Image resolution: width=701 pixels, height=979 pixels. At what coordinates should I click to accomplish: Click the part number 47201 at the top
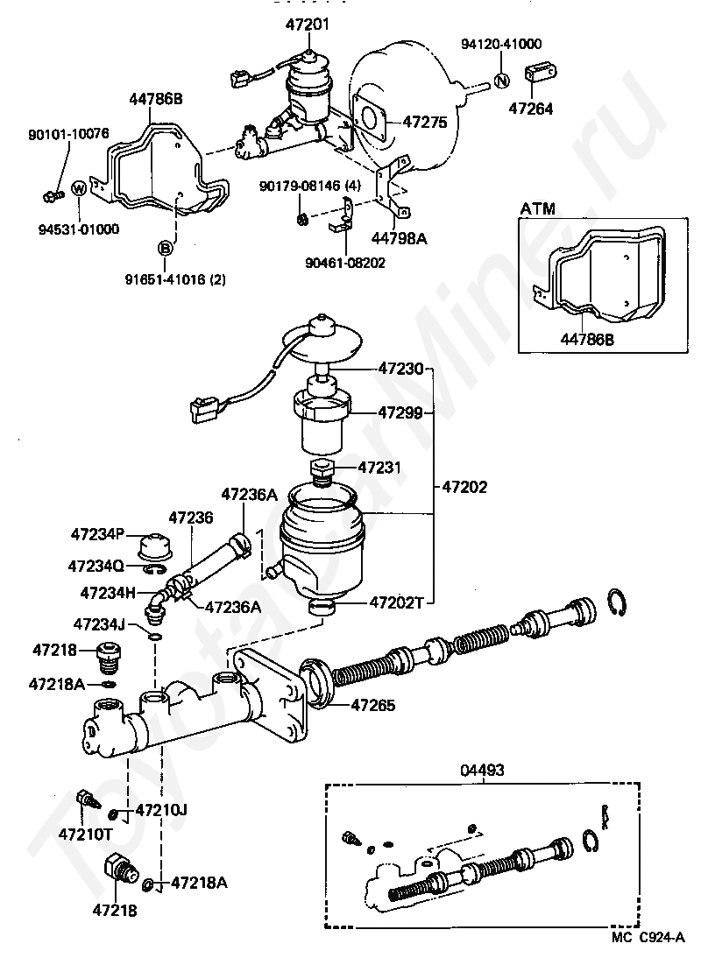(x=308, y=25)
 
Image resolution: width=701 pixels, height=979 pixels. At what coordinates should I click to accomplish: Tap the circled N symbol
(x=502, y=81)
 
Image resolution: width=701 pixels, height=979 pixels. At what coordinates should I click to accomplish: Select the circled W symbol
(x=80, y=188)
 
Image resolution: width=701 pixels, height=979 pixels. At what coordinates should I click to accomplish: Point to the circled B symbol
(x=165, y=249)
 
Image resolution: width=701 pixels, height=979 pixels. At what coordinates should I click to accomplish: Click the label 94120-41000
(x=501, y=44)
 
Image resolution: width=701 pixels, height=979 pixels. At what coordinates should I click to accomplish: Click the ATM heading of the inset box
(x=538, y=208)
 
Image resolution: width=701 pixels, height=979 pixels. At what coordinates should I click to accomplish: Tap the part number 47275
(x=426, y=122)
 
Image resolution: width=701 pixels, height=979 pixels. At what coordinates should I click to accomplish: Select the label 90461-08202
(x=345, y=263)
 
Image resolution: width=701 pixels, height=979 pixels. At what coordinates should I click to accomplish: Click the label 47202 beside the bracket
(x=464, y=486)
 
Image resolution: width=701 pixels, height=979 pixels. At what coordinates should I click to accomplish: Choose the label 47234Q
(x=96, y=567)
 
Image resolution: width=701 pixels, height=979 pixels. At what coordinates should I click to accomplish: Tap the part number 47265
(x=373, y=705)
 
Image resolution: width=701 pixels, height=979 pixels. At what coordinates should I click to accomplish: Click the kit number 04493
(x=482, y=770)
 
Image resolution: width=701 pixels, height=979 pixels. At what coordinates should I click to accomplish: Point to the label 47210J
(x=161, y=810)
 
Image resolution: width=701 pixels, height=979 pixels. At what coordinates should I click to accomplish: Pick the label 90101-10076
(x=68, y=134)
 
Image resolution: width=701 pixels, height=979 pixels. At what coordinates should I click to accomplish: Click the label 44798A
(x=400, y=238)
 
